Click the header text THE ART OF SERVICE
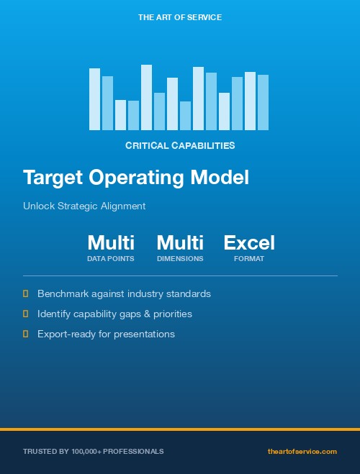pos(180,17)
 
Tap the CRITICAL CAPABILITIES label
pos(180,145)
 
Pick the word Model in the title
pos(223,178)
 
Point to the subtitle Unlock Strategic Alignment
pos(84,206)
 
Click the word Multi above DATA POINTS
pos(111,242)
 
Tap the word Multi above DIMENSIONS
pos(180,242)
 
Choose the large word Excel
pos(249,242)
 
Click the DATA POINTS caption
pos(111,258)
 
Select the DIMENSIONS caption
pos(180,258)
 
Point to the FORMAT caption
pos(249,258)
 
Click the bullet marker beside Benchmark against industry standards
pos(26,293)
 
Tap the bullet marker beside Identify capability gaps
pos(26,314)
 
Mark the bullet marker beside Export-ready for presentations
pos(26,334)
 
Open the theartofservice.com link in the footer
pos(302,451)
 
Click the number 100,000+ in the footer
pos(88,451)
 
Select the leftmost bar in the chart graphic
pos(94,99)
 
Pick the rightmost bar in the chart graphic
pos(263,102)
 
